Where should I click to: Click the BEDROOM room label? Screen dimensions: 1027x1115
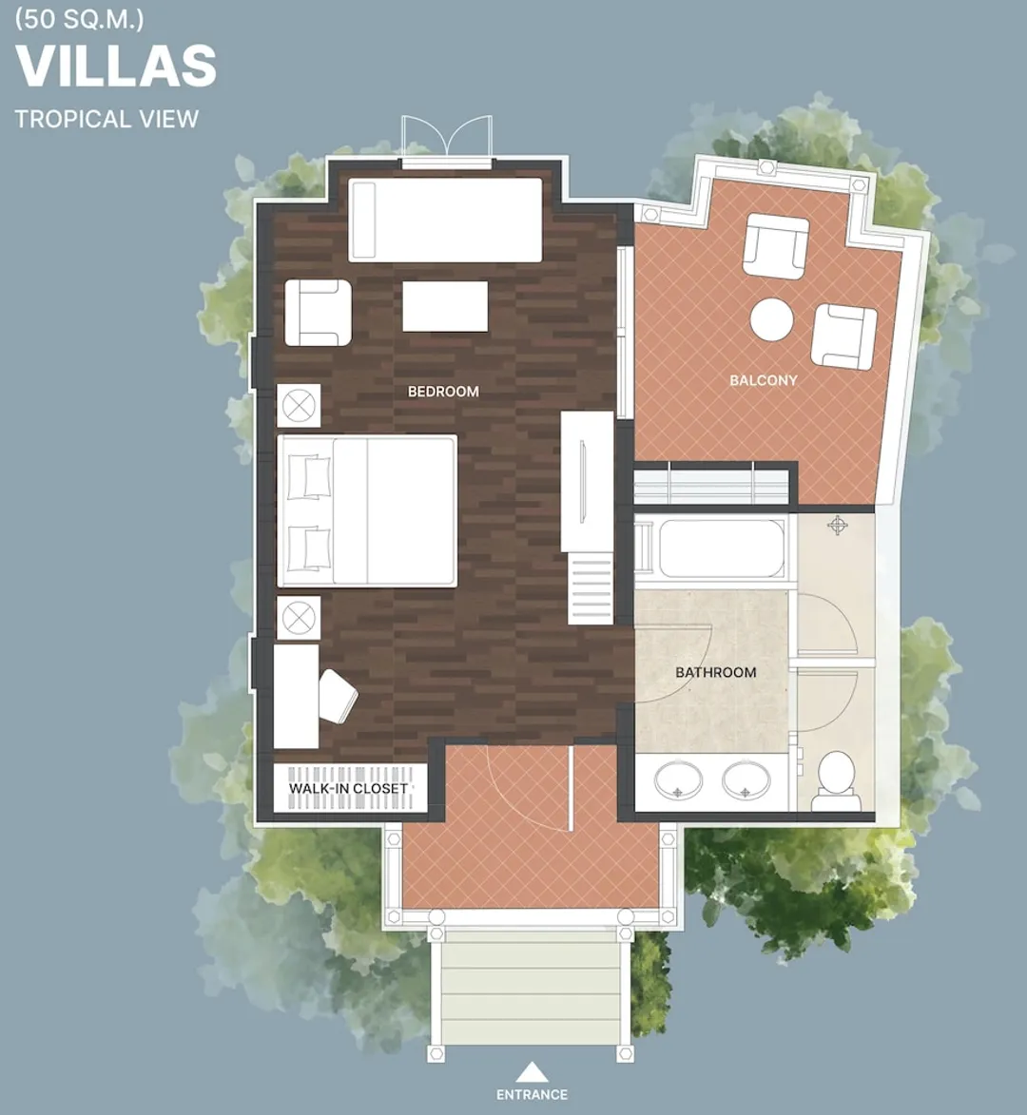[x=443, y=391]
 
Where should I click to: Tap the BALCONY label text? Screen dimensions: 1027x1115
[x=764, y=380]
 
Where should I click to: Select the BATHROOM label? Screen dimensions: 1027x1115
[x=715, y=672]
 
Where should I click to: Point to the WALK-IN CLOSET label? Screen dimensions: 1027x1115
[x=348, y=789]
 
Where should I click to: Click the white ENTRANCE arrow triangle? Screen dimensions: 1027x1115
[x=532, y=1071]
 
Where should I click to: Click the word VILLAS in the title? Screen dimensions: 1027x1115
[x=116, y=67]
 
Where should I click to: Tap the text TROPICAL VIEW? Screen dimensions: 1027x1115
[x=107, y=119]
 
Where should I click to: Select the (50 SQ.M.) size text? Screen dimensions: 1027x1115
[x=79, y=19]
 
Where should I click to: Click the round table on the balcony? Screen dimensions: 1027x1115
[x=771, y=320]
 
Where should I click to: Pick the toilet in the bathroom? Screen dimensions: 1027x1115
[x=836, y=780]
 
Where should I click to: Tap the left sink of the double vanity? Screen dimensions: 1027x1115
[x=679, y=780]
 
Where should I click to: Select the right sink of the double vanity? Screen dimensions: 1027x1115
[x=746, y=780]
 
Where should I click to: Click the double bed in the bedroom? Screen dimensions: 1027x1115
[x=367, y=510]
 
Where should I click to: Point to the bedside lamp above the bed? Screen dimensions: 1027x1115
[x=299, y=406]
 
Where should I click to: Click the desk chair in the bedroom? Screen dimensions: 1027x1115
[x=338, y=696]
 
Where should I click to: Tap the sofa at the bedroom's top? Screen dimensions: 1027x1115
[x=445, y=220]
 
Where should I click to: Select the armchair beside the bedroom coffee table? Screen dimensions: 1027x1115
[x=318, y=313]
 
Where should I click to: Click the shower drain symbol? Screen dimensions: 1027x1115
[x=838, y=527]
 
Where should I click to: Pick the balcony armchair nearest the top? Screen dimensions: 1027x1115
[x=776, y=247]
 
